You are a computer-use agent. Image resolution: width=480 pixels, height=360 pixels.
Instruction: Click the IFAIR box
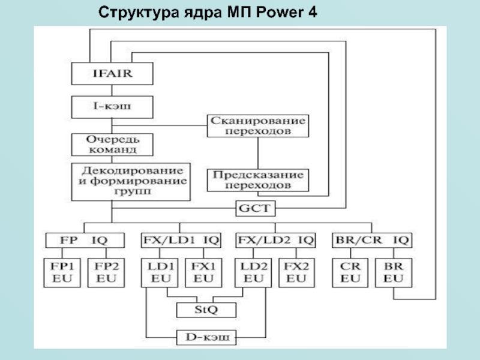[112, 74]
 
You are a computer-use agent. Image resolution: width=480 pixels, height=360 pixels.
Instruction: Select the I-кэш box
[112, 108]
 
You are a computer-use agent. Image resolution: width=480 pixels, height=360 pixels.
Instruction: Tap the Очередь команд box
[112, 144]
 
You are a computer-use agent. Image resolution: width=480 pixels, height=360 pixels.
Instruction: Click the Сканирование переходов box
[258, 125]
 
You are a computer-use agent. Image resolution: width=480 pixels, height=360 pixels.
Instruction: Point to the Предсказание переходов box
[258, 180]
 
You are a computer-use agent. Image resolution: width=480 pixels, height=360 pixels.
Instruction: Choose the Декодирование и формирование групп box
[131, 181]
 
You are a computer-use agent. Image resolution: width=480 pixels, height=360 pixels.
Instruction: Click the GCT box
[255, 209]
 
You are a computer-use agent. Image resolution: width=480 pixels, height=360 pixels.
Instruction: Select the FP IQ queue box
[85, 241]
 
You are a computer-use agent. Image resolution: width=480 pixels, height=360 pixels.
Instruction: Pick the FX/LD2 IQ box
[276, 241]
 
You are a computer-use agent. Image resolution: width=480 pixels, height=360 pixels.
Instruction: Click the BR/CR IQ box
[372, 241]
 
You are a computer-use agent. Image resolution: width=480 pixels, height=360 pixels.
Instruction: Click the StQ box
[206, 310]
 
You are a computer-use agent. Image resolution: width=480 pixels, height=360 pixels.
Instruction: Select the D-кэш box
[206, 338]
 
